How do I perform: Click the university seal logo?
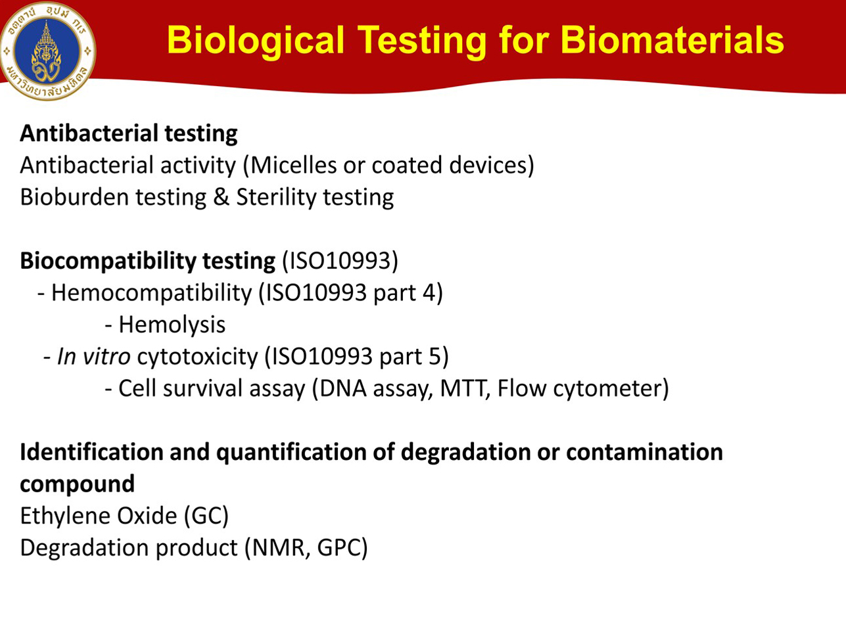click(48, 51)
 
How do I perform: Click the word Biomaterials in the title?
click(672, 40)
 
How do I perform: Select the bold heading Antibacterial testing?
click(129, 133)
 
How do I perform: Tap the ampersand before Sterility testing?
click(221, 197)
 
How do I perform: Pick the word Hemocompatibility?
click(151, 293)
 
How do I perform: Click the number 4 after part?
click(429, 293)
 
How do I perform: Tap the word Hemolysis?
click(172, 325)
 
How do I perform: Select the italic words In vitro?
click(93, 356)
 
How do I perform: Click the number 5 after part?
click(435, 357)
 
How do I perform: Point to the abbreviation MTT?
click(465, 389)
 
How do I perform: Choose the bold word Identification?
click(92, 452)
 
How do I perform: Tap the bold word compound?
click(77, 485)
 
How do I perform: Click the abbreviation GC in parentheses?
click(206, 516)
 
